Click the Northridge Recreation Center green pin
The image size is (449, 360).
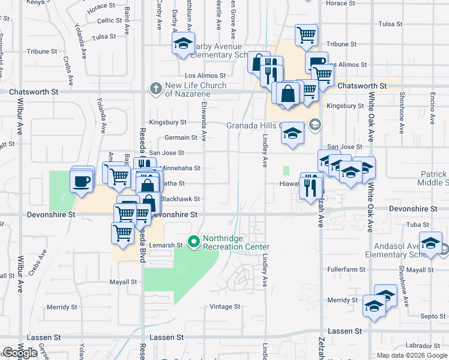[194, 242]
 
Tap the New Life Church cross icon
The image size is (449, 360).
[156, 89]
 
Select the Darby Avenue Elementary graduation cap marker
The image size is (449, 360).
[183, 44]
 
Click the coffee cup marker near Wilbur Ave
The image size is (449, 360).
[81, 180]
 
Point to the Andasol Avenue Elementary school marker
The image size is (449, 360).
[430, 244]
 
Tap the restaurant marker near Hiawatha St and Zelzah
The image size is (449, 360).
[310, 187]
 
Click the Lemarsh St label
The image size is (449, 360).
[167, 245]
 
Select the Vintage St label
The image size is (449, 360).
[224, 307]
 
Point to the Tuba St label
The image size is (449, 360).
[415, 225]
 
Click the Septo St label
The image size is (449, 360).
[432, 316]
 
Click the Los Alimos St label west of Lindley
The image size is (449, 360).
[205, 76]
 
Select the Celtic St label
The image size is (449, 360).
[110, 20]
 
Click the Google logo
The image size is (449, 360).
[20, 353]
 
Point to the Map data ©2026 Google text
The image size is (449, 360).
[412, 355]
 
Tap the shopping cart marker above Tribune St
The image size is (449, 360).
[306, 35]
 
